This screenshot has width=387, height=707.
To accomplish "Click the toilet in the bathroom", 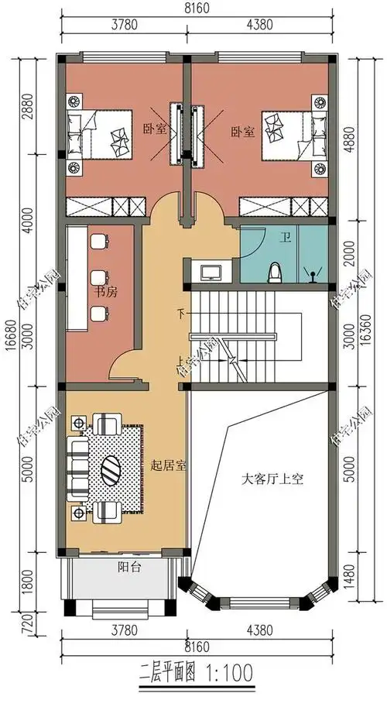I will pyautogui.click(x=273, y=273).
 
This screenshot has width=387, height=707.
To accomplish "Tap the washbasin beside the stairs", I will pyautogui.click(x=211, y=272).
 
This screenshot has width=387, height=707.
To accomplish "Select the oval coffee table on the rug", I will pyautogui.click(x=110, y=468).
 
